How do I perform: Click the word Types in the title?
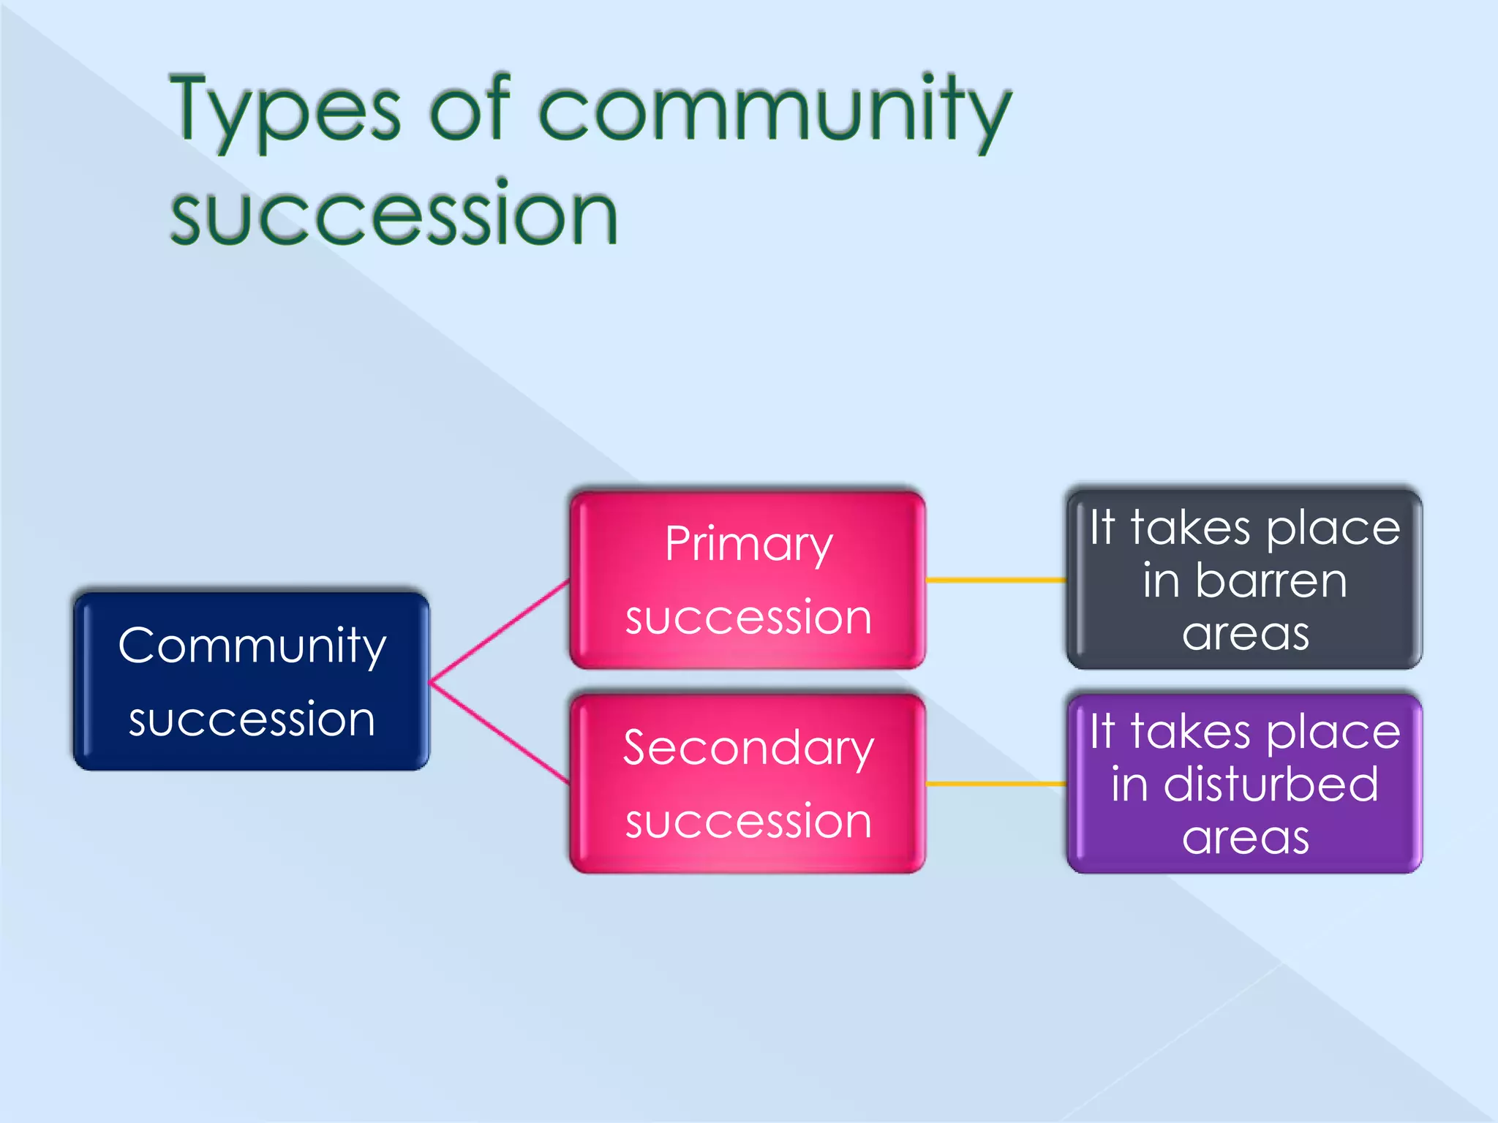coord(285,113)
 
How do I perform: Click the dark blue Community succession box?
coord(251,681)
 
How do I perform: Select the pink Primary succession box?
coord(748,580)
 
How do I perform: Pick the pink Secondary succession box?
coord(748,783)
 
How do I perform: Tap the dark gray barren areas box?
coord(1244,580)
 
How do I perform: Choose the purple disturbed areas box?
coord(1244,783)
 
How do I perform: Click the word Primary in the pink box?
coord(748,545)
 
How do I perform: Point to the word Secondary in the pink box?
coord(748,749)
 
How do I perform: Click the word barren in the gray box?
coord(1271,581)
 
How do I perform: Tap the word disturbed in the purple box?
coord(1271,784)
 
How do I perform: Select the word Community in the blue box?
coord(252,646)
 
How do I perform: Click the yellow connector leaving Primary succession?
coord(996,580)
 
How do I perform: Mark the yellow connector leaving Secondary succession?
coord(996,783)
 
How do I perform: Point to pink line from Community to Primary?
coord(500,631)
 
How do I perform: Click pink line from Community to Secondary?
coord(500,733)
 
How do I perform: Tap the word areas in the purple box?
coord(1246,837)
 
